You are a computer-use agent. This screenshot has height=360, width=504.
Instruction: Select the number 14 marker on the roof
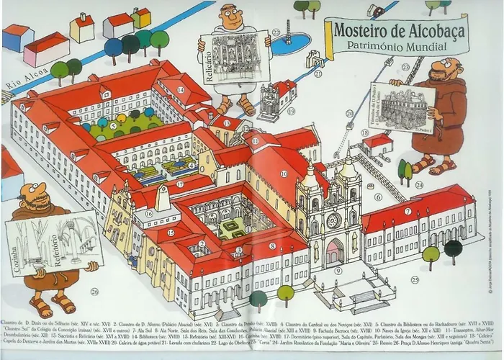181,90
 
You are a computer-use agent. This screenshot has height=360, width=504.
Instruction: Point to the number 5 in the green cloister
113,125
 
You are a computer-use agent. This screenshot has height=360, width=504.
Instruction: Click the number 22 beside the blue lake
276,32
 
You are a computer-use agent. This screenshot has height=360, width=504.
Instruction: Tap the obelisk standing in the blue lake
288,32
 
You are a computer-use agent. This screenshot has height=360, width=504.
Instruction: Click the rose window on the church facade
333,221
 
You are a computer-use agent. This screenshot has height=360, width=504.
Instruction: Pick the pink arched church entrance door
335,253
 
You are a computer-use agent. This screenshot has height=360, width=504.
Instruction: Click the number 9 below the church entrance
338,271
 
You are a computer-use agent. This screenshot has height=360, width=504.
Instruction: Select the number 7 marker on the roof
408,211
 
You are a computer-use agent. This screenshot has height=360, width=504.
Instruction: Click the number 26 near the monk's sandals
95,292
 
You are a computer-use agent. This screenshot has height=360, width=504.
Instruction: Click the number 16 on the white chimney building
149,213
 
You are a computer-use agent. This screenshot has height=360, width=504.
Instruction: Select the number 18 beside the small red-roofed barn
364,133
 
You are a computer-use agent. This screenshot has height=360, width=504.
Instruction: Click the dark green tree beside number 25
453,249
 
